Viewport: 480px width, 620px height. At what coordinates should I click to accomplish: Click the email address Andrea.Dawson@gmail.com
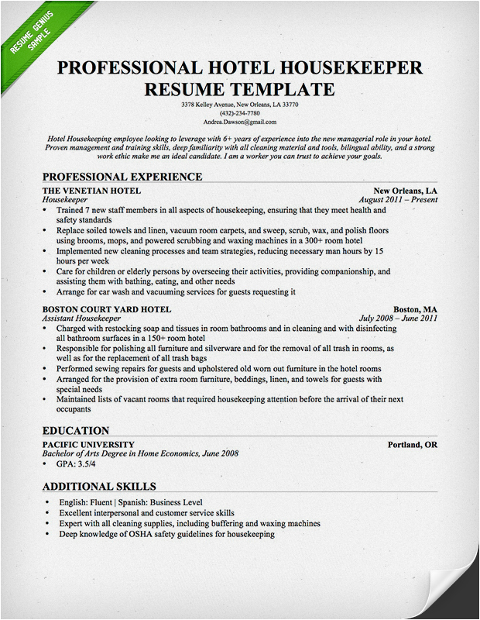pos(239,122)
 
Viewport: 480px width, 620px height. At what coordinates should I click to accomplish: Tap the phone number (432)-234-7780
pos(239,113)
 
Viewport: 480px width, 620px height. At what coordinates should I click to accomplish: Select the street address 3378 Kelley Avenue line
pos(239,104)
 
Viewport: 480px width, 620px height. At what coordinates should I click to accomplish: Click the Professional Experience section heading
pos(122,177)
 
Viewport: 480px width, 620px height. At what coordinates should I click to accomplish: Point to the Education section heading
pos(76,431)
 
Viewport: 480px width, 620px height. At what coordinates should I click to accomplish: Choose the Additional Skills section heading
pos(99,487)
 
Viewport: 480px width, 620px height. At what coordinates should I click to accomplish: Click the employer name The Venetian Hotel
pos(91,191)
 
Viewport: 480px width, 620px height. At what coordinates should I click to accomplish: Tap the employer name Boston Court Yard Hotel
pos(107,308)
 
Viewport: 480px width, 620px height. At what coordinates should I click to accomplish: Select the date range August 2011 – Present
pos(399,200)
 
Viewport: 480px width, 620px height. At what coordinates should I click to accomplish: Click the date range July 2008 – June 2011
pos(399,318)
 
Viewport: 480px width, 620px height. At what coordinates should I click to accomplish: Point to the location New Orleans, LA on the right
pos(405,191)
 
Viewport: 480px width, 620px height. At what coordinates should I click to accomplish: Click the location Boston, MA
pos(415,308)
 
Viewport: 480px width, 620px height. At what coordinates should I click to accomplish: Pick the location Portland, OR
pos(412,445)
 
